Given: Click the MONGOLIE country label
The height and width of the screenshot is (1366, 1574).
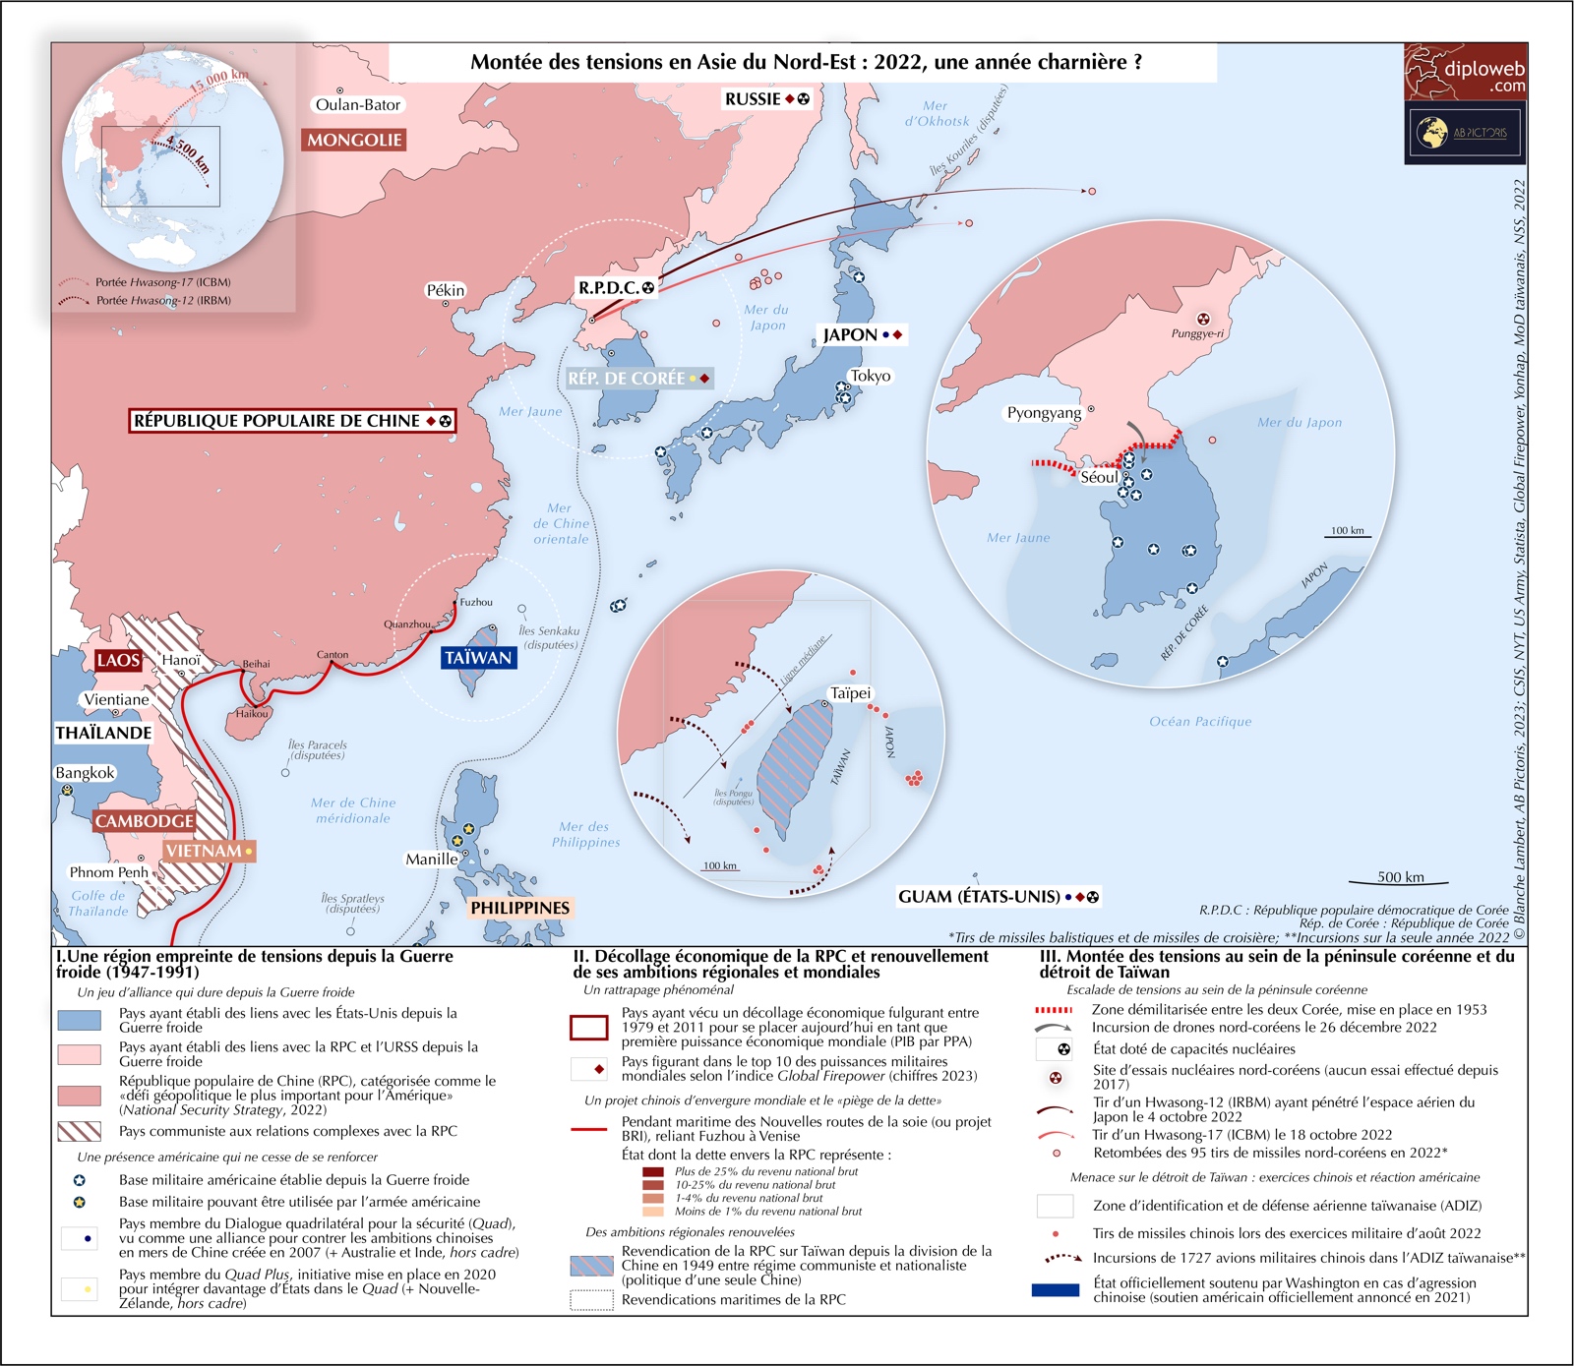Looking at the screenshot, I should coord(354,141).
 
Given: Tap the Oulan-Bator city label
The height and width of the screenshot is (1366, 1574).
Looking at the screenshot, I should coord(358,105).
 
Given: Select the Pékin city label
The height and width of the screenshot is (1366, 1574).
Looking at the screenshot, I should coord(445,290).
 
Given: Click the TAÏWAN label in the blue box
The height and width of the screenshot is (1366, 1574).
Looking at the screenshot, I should coord(478,658).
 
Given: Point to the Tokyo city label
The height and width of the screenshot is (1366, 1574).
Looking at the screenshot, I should coord(871,376).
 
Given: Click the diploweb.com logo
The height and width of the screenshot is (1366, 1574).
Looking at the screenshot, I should coord(1466,72).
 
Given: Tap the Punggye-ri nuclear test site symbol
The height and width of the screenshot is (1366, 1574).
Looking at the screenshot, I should coord(1202,319).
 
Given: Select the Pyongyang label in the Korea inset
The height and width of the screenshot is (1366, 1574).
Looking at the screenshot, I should coord(1044,413).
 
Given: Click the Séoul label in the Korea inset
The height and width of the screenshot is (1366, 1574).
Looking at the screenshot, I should coord(1099,478).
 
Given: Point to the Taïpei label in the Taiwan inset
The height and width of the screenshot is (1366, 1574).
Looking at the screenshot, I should coord(851,693).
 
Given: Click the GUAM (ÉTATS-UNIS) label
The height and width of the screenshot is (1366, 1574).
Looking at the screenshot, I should coord(979,897).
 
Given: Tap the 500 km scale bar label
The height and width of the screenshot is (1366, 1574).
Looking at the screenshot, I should coord(1401,877).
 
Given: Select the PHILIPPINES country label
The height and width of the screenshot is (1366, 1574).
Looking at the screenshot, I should coord(519,908).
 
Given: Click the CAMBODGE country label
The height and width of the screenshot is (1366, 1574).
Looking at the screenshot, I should coord(145,821).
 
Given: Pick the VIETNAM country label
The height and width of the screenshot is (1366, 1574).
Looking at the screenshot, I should coord(204,851).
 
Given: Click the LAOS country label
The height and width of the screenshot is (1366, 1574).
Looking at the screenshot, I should coord(118,660).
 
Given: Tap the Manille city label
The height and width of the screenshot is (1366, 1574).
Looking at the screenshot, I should coord(432,860).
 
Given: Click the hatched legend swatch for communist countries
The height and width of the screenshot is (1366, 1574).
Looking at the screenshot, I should coord(80,1131).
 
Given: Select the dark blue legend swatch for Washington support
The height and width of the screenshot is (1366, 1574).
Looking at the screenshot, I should coord(1056,1290).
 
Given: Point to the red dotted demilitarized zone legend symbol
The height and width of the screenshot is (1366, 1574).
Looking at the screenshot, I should coord(1054,1010).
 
